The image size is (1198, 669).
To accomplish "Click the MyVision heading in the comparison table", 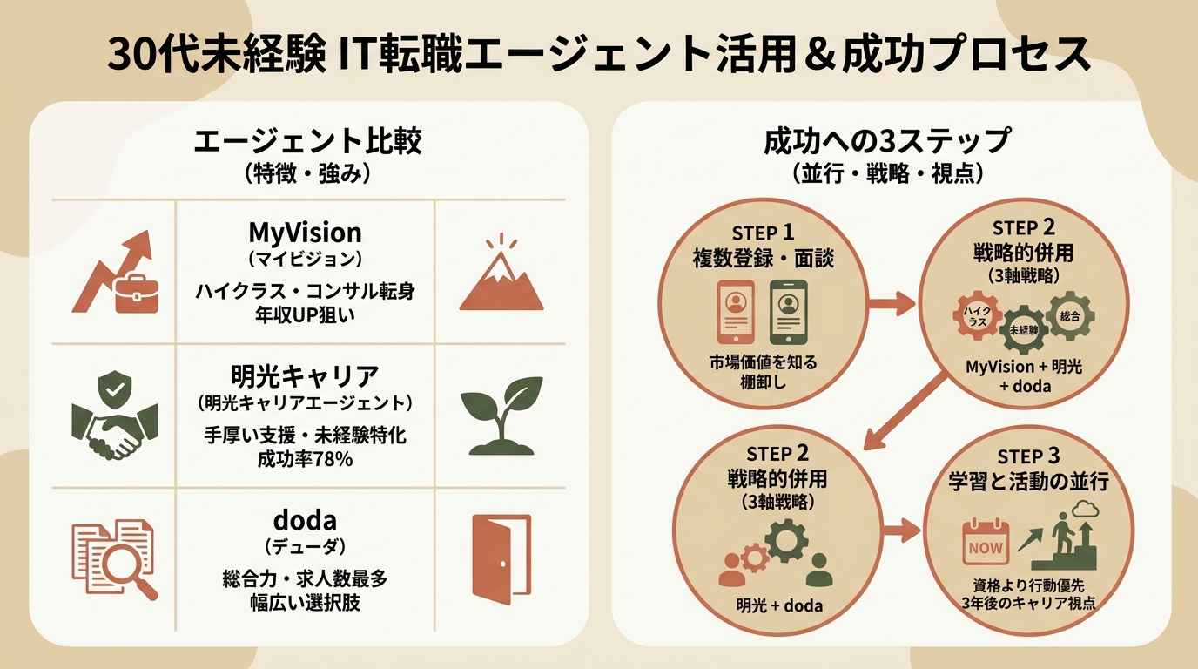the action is (305, 233).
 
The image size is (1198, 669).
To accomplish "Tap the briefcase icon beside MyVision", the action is (137, 294).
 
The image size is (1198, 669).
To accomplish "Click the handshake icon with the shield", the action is (115, 416).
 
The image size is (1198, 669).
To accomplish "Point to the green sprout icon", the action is (501, 416).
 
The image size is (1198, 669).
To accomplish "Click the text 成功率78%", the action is (305, 459).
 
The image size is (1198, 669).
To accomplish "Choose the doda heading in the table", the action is (305, 520).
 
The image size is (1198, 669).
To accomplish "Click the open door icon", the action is (501, 559).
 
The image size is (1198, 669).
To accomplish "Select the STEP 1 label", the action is (763, 233).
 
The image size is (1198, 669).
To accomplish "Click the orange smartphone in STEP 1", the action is (736, 312).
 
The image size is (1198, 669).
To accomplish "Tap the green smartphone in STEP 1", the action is (788, 312).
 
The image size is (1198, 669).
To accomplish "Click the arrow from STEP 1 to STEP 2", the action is (891, 303).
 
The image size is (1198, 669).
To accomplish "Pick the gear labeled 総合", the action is (1070, 315).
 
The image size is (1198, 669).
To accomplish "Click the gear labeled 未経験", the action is (1024, 330).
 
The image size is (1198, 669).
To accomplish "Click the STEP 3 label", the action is (1028, 457).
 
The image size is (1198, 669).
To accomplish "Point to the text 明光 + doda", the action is (778, 606).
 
